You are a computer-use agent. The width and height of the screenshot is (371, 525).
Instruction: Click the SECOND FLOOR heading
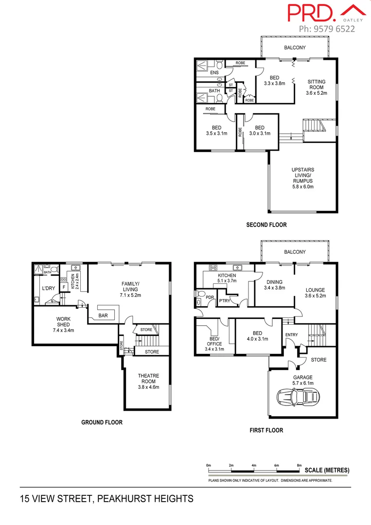[266, 225]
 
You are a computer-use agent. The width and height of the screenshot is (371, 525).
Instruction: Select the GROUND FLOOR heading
[101, 422]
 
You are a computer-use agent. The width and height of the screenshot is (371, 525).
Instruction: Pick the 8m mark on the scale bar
[299, 465]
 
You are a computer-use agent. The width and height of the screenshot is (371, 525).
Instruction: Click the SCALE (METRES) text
[327, 471]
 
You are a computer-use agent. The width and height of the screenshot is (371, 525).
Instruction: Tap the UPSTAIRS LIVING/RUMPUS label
[303, 177]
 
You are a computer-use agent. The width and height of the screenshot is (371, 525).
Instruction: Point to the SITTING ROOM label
[316, 87]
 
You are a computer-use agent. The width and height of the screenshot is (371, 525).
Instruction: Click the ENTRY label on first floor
[292, 334]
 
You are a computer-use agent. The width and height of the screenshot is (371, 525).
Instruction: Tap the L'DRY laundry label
[48, 288]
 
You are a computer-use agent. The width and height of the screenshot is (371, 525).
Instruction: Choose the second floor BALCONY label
[295, 48]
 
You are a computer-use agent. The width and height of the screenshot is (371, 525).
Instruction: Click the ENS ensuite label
[214, 73]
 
